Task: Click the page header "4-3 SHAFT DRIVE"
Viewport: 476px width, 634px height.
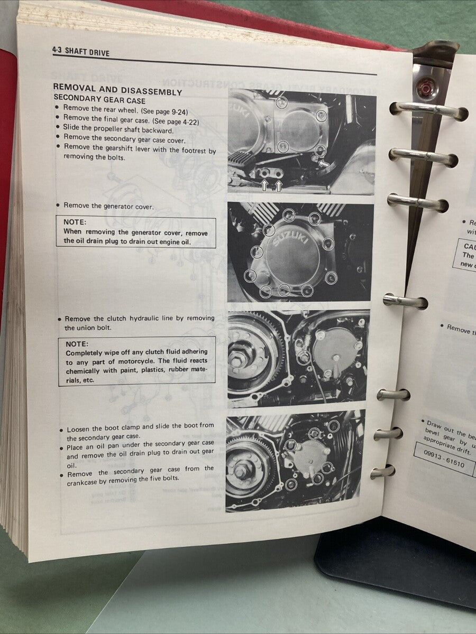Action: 81,51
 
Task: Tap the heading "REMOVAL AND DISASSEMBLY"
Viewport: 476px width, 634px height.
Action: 117,91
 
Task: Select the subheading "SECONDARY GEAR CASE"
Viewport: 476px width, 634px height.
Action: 99,100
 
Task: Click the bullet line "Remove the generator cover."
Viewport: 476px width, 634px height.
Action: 108,206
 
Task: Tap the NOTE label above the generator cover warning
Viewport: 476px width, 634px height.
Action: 75,222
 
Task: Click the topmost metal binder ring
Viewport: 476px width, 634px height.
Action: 428,110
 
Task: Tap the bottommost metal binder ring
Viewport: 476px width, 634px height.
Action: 383,471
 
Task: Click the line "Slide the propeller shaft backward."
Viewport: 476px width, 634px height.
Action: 118,130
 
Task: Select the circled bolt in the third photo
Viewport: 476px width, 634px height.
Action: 303,357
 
